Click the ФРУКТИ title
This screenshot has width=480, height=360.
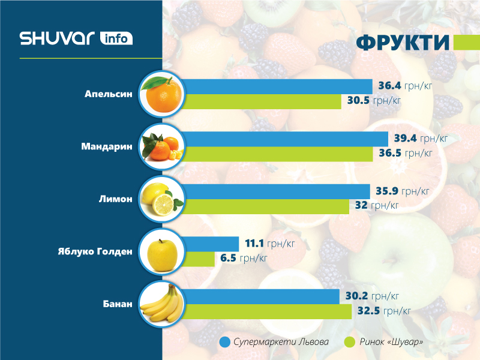click(x=403, y=43)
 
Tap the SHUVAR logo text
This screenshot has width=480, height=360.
click(x=57, y=38)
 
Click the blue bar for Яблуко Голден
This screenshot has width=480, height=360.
click(x=210, y=244)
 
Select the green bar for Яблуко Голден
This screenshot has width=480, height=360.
click(x=198, y=259)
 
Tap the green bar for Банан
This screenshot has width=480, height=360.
click(x=268, y=311)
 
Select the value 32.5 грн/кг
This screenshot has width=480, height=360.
click(x=383, y=311)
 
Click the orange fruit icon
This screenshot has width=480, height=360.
click(x=161, y=94)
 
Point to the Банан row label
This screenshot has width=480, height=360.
click(x=117, y=304)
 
